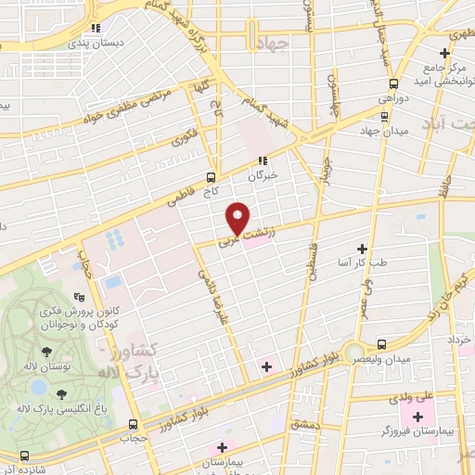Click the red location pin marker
(x=237, y=218)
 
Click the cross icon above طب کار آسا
(x=362, y=249)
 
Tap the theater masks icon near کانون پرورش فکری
(x=80, y=298)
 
